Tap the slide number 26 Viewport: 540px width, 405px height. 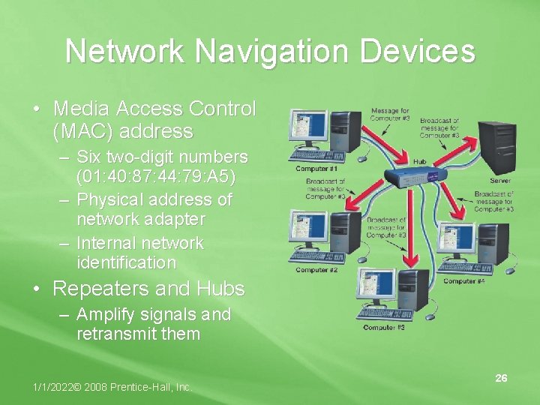point(501,378)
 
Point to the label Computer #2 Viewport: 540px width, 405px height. point(316,269)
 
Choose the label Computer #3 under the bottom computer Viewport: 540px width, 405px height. point(384,328)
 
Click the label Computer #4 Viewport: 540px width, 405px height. point(464,281)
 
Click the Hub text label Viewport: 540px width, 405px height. point(420,161)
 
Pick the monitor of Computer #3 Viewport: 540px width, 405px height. point(377,285)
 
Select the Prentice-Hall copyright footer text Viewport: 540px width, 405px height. point(112,387)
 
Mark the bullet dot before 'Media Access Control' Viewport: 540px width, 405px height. point(37,109)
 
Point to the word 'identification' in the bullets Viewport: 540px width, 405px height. point(126,262)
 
